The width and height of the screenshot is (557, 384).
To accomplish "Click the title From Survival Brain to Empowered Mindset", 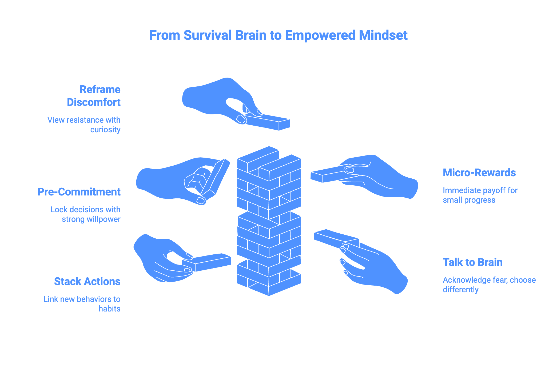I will [278, 35].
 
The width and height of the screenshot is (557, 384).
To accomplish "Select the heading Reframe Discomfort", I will [94, 96].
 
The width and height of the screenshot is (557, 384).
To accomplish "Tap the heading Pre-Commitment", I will [79, 192].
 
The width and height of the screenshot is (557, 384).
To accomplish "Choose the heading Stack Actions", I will [87, 281].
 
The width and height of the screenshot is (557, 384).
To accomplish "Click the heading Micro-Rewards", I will [479, 173].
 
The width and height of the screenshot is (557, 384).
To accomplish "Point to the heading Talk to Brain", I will [472, 262].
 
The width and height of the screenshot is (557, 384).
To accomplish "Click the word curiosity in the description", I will [105, 130].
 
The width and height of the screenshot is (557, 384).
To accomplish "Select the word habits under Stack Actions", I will [109, 309].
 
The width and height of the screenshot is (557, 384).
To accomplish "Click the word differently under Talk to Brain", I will [460, 290].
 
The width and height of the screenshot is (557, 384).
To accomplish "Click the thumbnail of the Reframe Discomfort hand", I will [241, 119].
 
